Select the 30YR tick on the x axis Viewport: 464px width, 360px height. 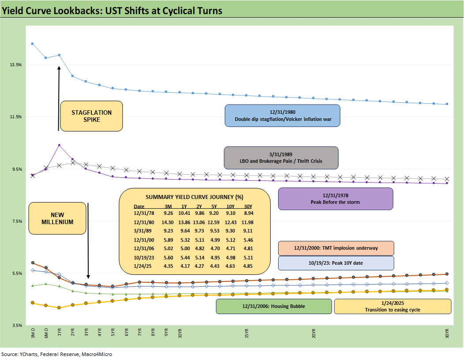pos(447,333)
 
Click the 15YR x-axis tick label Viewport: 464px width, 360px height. pos(246,333)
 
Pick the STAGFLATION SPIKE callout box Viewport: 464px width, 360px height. pos(91,116)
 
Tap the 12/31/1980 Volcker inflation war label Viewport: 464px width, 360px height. pos(282,116)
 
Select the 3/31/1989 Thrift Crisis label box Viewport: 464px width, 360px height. pos(281,157)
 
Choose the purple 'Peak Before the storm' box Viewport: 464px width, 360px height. pos(335,199)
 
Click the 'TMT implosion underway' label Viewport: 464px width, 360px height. pos(336,248)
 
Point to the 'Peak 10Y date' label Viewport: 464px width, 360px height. pos(336,263)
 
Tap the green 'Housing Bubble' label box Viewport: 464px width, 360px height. pos(273,306)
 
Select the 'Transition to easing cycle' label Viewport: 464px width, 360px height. pos(392,306)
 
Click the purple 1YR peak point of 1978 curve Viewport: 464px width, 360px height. pos(59,145)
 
